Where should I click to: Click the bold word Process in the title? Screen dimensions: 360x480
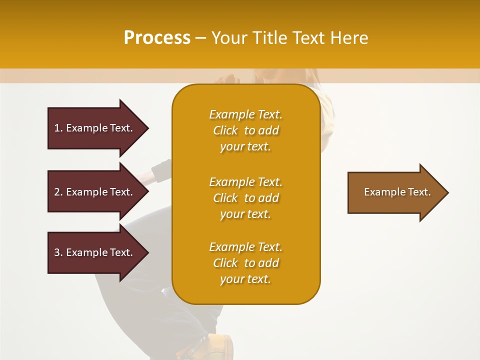click(157, 38)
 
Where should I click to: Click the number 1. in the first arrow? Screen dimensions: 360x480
click(58, 128)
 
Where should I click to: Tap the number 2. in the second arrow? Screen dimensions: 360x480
click(58, 192)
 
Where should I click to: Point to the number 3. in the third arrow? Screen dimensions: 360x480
click(58, 252)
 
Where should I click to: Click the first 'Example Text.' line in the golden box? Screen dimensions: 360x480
click(245, 115)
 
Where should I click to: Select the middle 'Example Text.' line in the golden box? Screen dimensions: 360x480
click(245, 182)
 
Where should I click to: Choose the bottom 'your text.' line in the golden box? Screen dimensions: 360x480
click(245, 279)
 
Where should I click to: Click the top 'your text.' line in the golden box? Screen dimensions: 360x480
click(245, 147)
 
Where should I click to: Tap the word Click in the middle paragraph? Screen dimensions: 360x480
click(225, 198)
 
